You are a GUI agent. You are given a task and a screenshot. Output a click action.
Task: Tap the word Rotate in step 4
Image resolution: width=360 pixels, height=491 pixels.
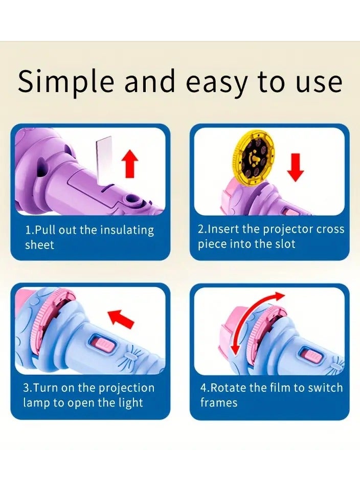coord(227,388)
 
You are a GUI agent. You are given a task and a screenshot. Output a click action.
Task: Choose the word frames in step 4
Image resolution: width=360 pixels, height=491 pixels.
coord(218,403)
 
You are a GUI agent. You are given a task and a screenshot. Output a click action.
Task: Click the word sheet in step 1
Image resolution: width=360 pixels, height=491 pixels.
coord(39,245)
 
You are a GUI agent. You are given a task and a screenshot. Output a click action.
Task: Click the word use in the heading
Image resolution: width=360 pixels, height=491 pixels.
coord(322,82)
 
